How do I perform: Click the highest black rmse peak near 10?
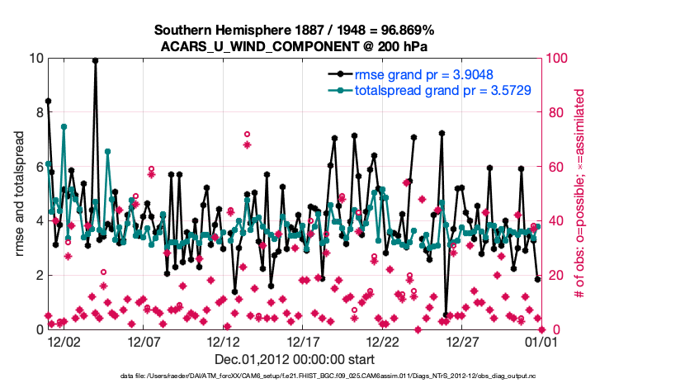point(96,60)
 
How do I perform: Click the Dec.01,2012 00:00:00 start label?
point(295,360)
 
